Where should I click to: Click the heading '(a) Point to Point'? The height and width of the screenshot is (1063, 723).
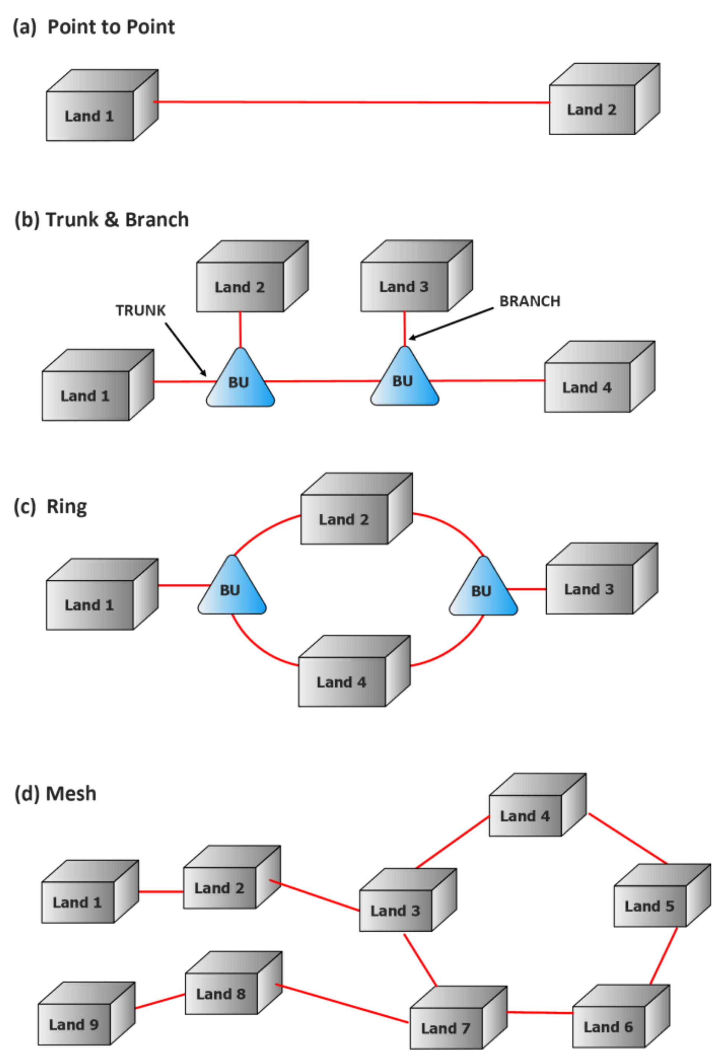(94, 27)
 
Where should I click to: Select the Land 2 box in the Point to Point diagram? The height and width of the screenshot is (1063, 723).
(592, 109)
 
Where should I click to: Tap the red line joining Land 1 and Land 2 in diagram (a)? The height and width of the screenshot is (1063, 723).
(352, 102)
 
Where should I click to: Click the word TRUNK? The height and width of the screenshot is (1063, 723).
(140, 310)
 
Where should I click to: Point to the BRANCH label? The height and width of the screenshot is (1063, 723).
(530, 301)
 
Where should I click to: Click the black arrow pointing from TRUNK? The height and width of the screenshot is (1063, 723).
(185, 349)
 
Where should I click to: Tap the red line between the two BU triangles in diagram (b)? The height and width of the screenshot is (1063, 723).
(322, 380)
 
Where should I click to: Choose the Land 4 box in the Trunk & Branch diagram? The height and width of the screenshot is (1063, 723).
(587, 387)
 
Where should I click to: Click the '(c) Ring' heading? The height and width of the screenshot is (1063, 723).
(50, 507)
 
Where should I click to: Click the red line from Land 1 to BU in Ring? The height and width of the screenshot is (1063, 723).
(183, 585)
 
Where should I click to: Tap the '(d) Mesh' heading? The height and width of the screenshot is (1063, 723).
(55, 794)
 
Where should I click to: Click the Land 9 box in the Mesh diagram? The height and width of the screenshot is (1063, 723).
(74, 1024)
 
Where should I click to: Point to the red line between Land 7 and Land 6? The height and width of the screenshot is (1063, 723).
(540, 1012)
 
